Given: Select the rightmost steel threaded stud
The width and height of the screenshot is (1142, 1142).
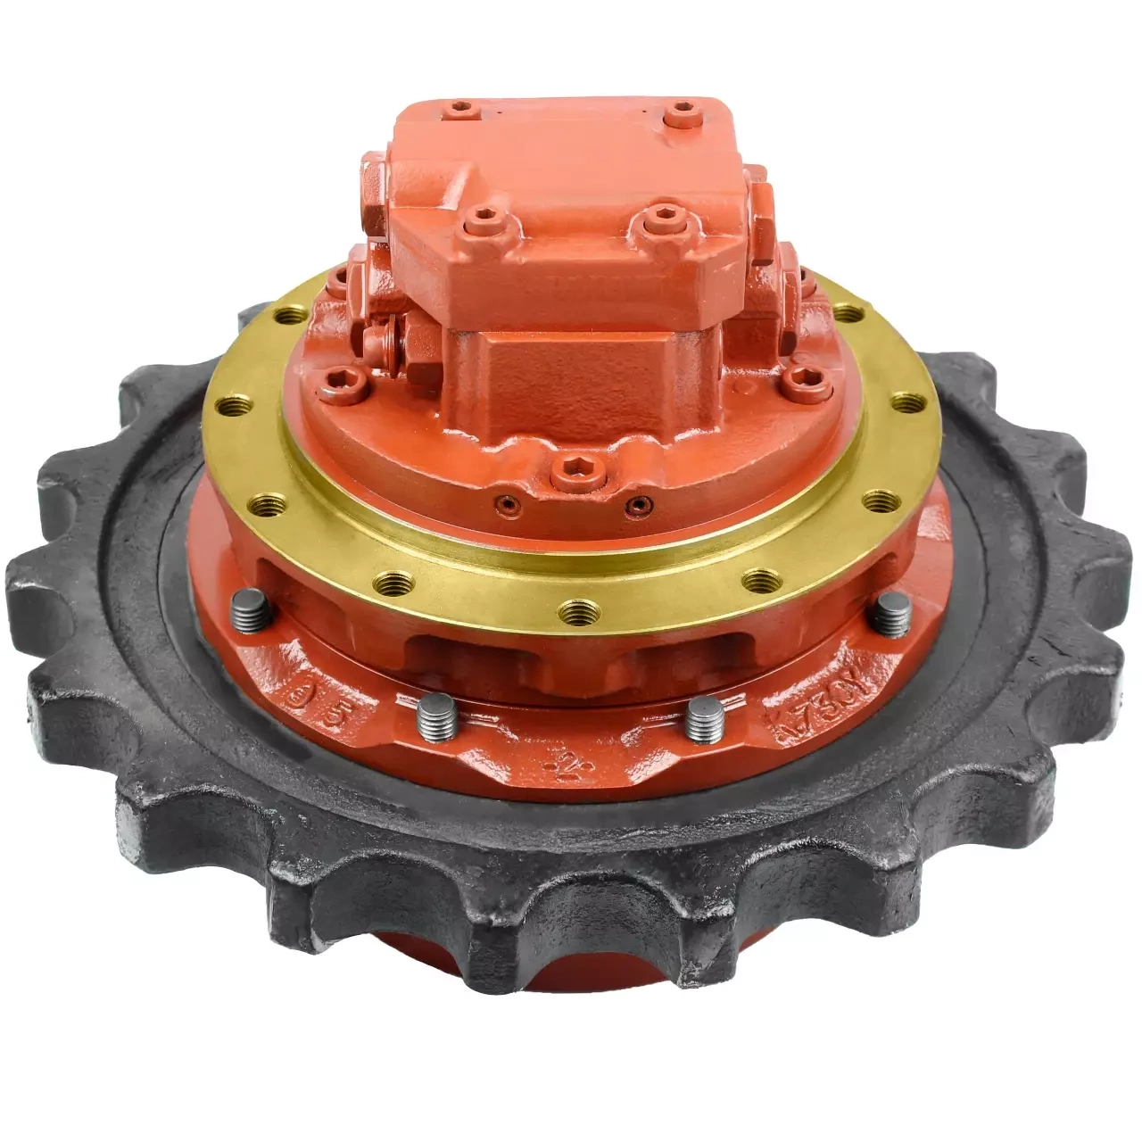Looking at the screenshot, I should pos(890,615).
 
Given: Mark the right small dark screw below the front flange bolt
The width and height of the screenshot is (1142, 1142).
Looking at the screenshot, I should pos(634,506).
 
